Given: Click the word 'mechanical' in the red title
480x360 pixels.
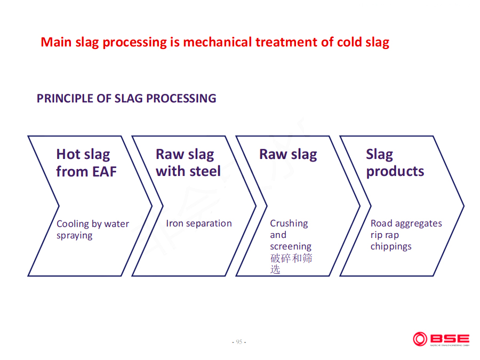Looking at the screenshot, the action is pos(218,42).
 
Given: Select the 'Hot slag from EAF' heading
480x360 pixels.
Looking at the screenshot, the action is pos(86,163).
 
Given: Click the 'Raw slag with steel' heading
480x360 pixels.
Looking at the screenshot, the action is pos(188,163).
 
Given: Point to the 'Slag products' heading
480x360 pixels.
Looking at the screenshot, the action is pos(395,163).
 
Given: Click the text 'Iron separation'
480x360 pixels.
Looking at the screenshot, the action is pos(199,223).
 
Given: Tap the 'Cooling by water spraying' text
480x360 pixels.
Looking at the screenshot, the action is pos(93,229).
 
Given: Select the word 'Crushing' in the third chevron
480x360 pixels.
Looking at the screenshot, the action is pos(289,223).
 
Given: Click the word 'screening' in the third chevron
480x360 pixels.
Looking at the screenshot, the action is pos(291,246).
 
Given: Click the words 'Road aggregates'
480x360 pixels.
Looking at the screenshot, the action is pos(406,223).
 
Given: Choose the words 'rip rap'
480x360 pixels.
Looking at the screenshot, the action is pos(385,235).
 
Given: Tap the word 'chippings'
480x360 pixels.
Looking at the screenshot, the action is pos(391,246).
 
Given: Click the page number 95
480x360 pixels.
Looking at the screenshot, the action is pos(239,342).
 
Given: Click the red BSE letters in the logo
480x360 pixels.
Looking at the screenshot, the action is pos(450,339).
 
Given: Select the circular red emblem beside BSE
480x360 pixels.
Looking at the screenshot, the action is pos(420,339).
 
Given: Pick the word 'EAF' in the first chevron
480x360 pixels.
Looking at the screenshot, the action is pos(105,172).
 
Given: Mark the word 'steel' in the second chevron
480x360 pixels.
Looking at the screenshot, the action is pos(205,171).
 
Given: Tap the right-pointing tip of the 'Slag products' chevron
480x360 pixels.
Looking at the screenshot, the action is pos(464,206).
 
